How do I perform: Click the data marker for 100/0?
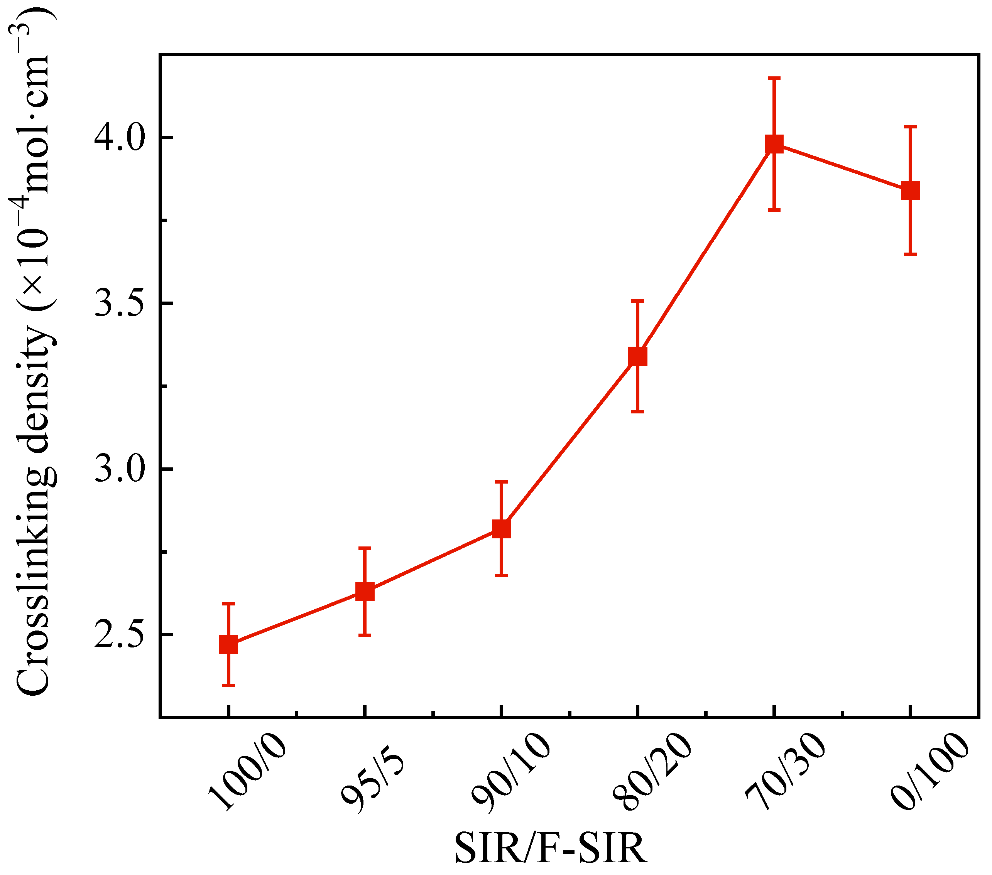(228, 645)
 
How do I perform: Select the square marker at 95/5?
(365, 592)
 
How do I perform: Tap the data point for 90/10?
(501, 528)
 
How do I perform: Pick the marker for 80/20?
(638, 356)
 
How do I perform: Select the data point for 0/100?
(911, 191)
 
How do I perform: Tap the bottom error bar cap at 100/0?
(228, 685)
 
